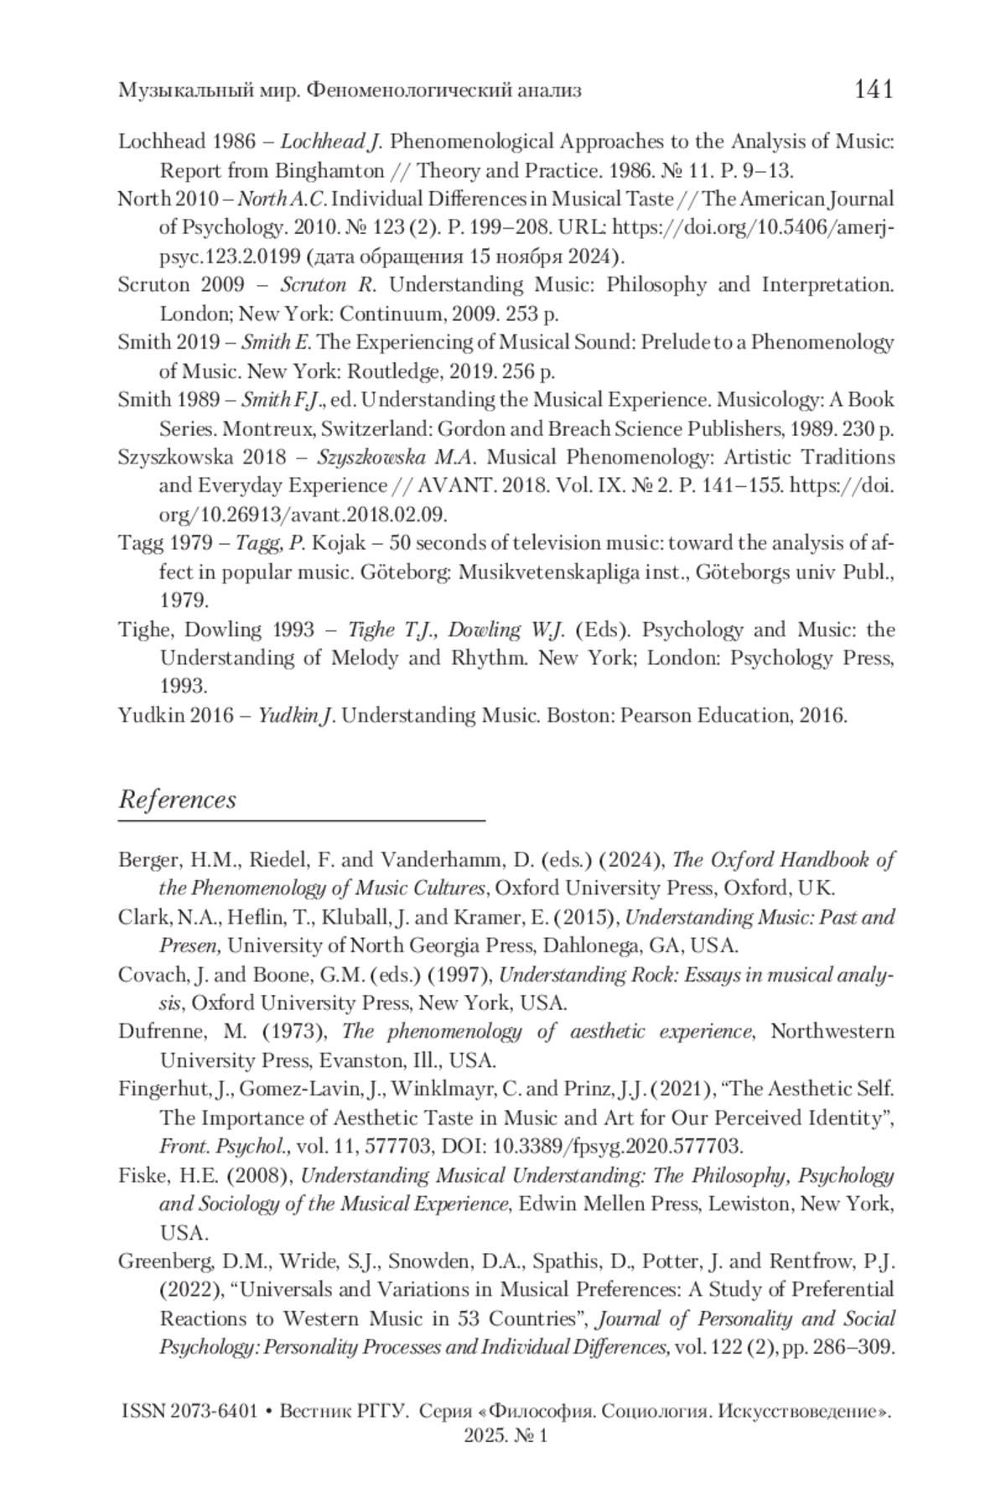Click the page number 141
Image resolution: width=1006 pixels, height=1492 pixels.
tap(874, 89)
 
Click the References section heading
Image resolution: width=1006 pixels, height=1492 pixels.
tap(177, 799)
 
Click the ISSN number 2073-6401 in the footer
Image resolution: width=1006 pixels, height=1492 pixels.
tap(215, 1412)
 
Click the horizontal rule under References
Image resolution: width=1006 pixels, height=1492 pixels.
tap(302, 819)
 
